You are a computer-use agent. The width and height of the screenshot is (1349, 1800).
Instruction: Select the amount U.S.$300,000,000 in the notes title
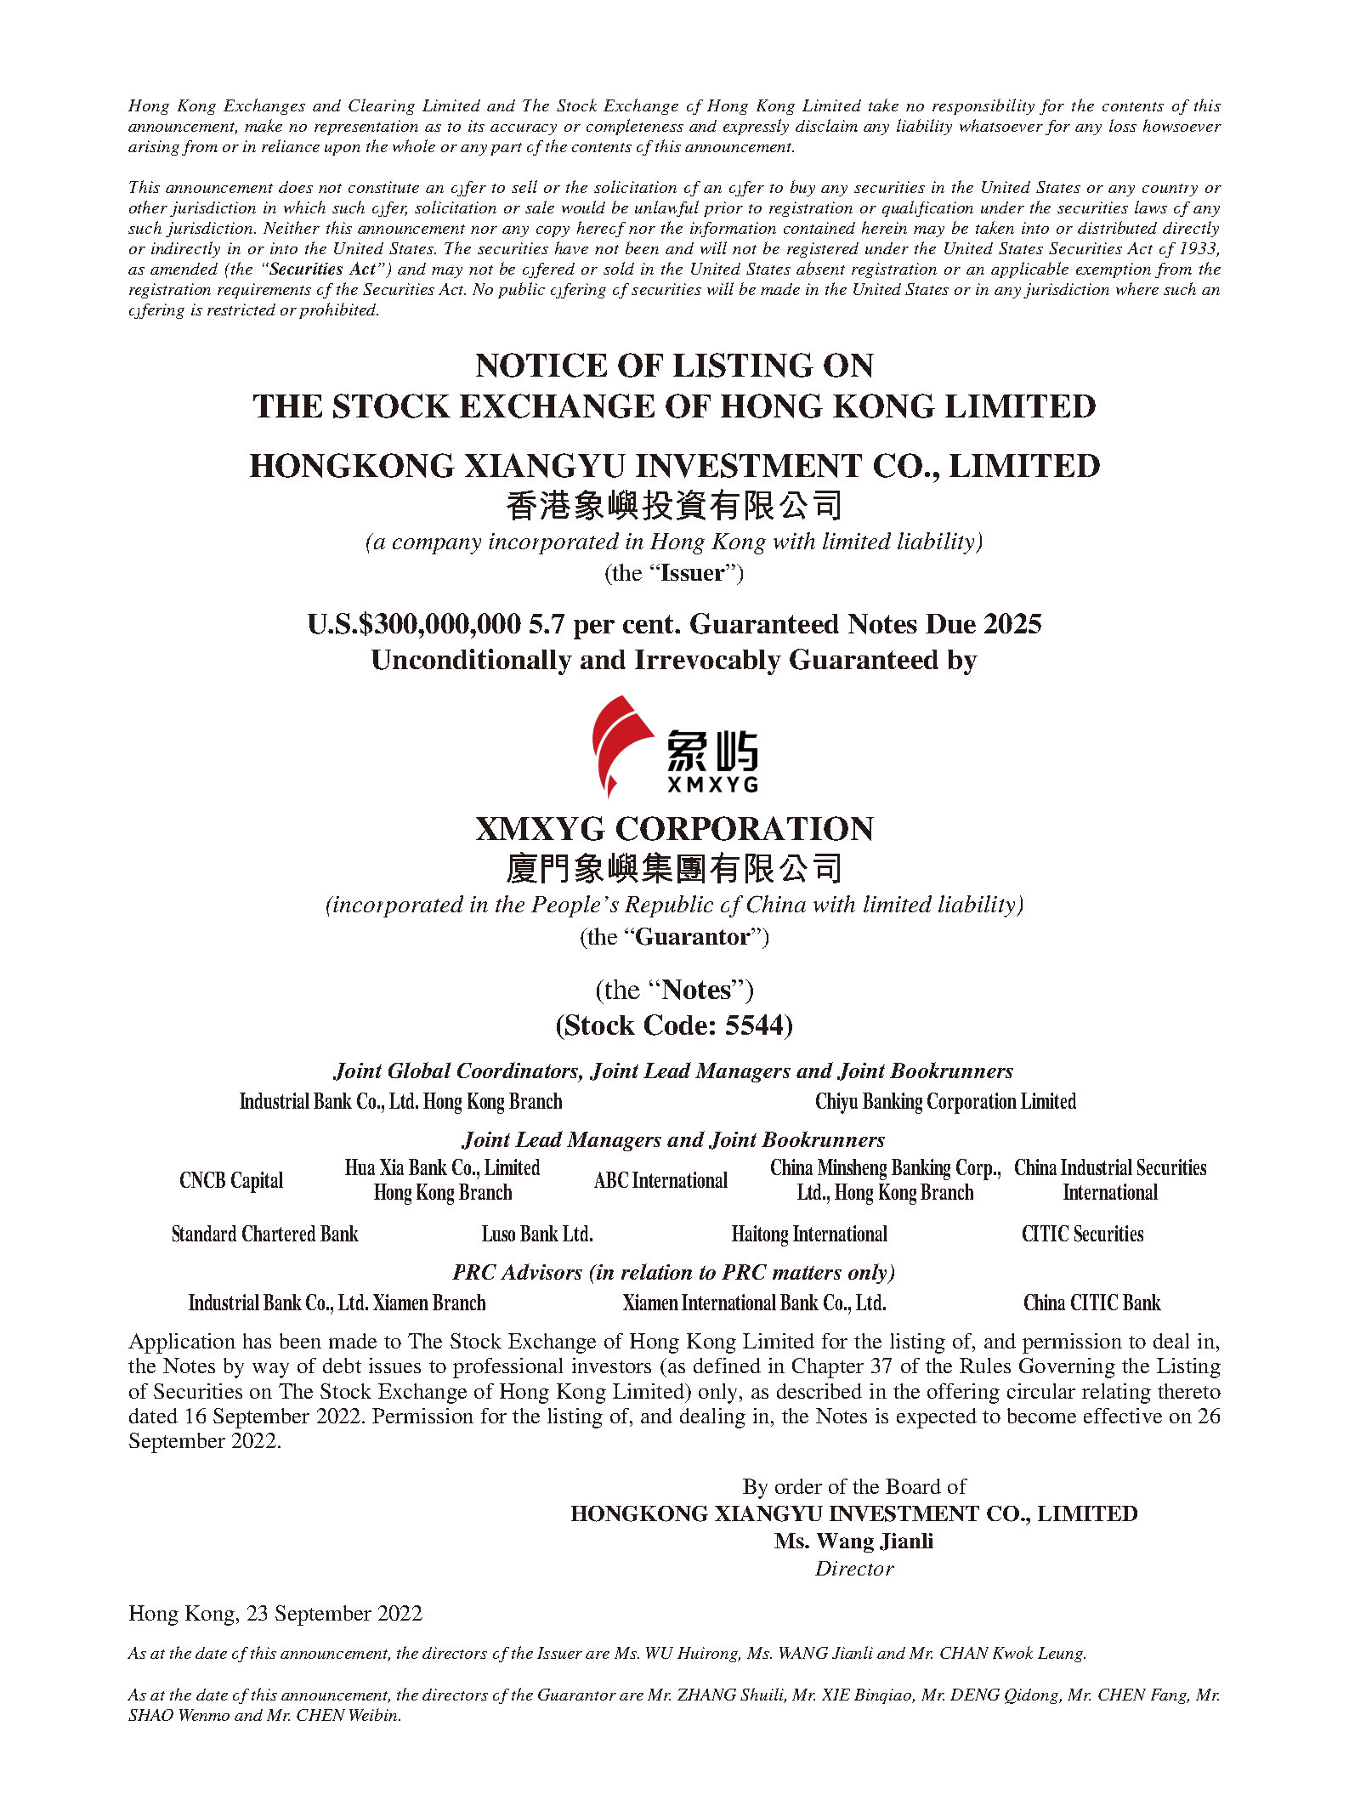(414, 625)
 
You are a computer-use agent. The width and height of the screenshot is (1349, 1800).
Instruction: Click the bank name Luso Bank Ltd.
(537, 1234)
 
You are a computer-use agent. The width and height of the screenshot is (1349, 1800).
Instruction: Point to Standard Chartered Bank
(264, 1234)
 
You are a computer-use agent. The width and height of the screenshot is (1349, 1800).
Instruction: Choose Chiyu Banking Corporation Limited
(945, 1102)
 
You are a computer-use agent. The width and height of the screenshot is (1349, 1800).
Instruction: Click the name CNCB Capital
(231, 1180)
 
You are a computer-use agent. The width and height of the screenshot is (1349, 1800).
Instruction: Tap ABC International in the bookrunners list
(660, 1180)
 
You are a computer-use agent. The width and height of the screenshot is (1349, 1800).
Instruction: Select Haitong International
(809, 1234)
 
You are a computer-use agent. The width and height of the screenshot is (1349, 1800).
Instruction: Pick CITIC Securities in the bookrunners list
(1082, 1234)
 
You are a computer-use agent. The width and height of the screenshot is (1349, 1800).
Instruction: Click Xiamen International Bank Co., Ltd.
(754, 1303)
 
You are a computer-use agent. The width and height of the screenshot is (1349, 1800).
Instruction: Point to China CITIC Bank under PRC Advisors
(1091, 1303)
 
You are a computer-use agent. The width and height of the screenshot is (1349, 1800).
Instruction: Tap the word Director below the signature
(854, 1569)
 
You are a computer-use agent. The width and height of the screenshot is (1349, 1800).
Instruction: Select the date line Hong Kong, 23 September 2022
(275, 1614)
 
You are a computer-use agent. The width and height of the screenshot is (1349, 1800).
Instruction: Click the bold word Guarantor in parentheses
(693, 937)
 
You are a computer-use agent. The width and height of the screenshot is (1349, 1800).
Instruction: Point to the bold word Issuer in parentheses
(692, 573)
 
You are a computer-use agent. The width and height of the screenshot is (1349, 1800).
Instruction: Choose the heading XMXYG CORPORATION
(674, 829)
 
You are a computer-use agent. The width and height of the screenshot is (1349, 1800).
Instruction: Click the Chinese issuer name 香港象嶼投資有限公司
(674, 506)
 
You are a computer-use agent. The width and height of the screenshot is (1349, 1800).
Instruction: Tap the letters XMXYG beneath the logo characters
(712, 784)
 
